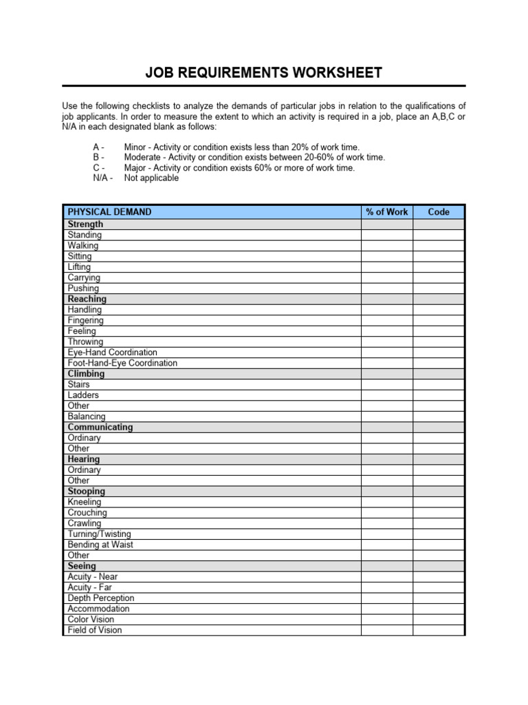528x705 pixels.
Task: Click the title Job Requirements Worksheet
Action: tap(263, 73)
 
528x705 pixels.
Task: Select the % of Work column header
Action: tap(387, 212)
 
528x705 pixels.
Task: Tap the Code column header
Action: tap(439, 212)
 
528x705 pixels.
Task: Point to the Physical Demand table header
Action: tap(110, 212)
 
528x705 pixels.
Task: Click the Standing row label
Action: tap(85, 235)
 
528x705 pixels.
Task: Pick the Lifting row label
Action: tap(79, 267)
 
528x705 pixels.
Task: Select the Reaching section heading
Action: tap(87, 299)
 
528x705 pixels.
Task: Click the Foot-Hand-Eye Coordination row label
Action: tap(122, 363)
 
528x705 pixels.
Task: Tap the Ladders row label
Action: tap(83, 395)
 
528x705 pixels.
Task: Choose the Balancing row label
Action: tap(87, 417)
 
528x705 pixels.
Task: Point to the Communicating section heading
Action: tap(100, 427)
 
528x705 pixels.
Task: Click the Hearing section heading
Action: tap(84, 459)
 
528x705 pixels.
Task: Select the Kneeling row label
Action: tap(85, 502)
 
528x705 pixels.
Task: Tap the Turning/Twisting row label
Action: tap(99, 534)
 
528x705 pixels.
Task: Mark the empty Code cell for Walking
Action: tap(439, 246)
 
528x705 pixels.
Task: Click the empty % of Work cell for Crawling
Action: tap(387, 523)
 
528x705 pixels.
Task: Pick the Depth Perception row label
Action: tap(101, 598)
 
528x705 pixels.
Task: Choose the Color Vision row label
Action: tap(91, 619)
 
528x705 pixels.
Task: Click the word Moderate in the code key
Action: tap(142, 157)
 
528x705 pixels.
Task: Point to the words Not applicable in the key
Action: tap(151, 178)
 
